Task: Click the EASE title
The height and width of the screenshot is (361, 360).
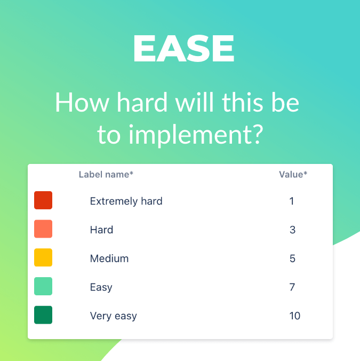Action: click(183, 49)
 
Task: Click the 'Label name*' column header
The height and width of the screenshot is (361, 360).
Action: click(106, 174)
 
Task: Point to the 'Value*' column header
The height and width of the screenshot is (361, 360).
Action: click(293, 174)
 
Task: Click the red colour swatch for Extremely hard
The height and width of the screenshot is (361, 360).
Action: click(43, 201)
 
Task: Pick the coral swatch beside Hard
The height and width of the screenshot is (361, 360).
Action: click(43, 229)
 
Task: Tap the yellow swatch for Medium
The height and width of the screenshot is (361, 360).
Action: click(43, 258)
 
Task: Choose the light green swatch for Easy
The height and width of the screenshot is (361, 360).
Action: click(43, 287)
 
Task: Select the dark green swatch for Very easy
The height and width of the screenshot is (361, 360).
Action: click(43, 315)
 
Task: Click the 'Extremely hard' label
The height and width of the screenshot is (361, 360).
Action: click(126, 201)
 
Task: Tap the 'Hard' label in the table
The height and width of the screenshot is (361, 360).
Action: click(101, 230)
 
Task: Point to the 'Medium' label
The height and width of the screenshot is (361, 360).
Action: click(109, 258)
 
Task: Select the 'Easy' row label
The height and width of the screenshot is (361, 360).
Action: click(101, 287)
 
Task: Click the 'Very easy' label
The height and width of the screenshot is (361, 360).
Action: click(113, 316)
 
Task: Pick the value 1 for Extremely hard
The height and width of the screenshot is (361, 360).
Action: click(292, 201)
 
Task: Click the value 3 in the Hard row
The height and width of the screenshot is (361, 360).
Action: click(292, 230)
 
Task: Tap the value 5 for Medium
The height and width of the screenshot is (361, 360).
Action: click(292, 258)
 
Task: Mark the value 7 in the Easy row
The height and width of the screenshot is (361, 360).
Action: click(292, 287)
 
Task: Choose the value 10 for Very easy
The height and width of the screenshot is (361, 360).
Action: click(295, 316)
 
